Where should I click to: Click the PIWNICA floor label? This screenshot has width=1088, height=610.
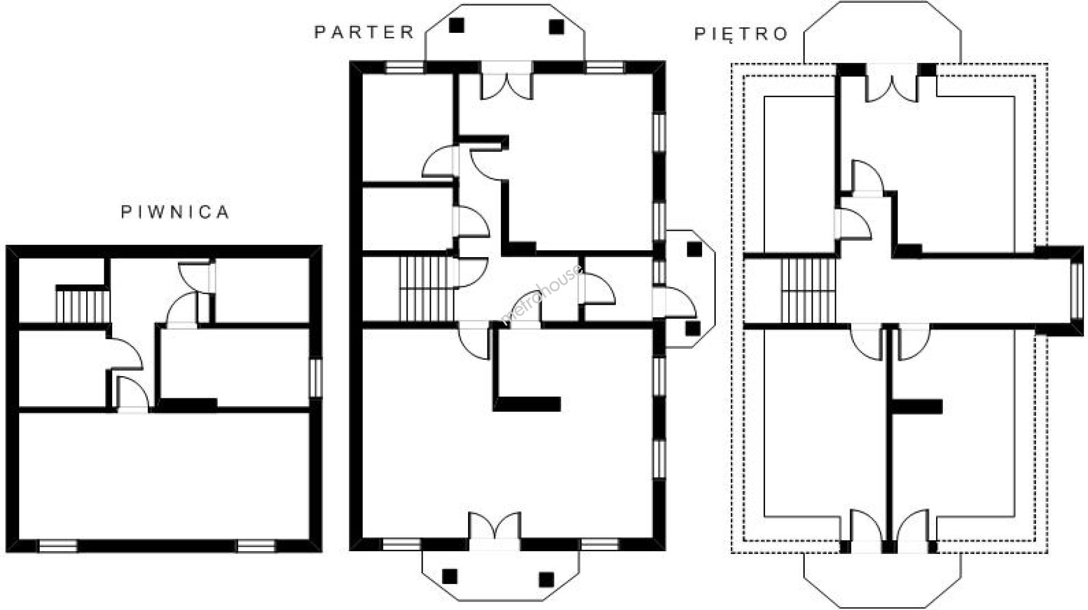tap(176, 212)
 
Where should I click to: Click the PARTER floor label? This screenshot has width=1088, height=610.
tap(364, 32)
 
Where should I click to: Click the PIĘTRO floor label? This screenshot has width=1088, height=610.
tap(741, 33)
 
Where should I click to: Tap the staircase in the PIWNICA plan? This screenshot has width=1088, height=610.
tap(82, 306)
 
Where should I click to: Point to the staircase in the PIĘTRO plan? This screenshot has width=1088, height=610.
tap(809, 290)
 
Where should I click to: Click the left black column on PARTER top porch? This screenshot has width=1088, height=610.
tap(457, 25)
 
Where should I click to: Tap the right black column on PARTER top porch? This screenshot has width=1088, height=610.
tap(556, 26)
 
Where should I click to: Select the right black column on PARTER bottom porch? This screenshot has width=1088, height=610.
tap(546, 579)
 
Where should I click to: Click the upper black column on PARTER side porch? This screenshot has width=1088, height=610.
tap(694, 249)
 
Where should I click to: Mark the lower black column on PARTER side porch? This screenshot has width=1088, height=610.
tap(692, 328)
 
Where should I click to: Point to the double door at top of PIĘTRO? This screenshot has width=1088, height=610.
tap(892, 83)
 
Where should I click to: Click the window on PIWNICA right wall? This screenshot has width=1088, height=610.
tap(316, 378)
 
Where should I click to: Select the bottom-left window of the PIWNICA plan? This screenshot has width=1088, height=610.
tap(57, 546)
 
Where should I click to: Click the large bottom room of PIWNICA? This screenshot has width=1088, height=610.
tap(164, 476)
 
